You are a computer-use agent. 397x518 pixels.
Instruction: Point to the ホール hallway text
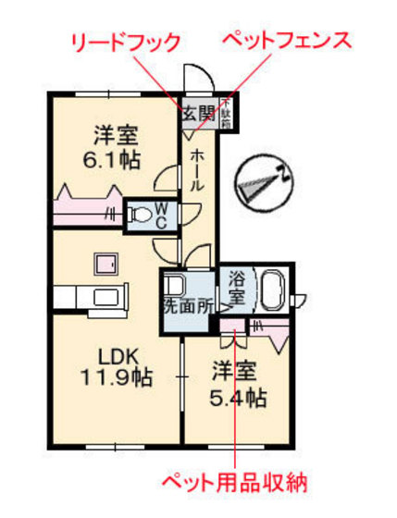point(197,171)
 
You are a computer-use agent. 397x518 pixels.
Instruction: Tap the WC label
point(159,216)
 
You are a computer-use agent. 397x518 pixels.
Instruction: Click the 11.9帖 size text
point(116,377)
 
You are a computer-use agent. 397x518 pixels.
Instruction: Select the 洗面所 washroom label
point(188,302)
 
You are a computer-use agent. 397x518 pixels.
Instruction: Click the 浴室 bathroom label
point(237,289)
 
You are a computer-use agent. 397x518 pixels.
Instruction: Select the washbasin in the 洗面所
point(176,284)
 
